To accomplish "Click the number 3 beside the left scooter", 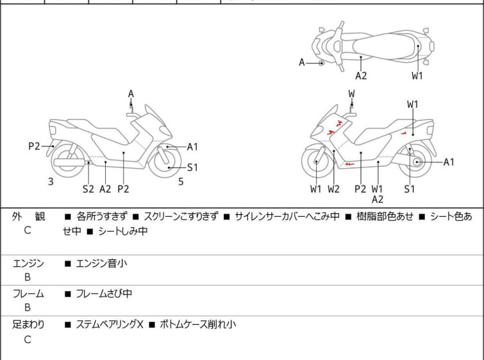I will pos(51,182).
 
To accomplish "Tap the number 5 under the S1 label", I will pos(181,182).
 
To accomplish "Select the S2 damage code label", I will pos(88,189).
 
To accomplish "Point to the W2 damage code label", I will pos(333,189).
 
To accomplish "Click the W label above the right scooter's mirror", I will pos(351,94).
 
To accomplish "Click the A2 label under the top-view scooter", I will pos(361,76).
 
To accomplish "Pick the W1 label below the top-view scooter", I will pos(417,76).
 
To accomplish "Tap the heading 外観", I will pos(28,217).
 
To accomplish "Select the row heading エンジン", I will pos(28,263).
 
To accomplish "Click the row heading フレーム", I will pos(28,294).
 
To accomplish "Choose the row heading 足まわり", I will pos(28,325).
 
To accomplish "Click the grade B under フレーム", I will pos(28,308).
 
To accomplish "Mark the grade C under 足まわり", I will pos(28,339).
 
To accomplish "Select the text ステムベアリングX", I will pos(109,325).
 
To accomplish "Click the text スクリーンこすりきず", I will pos(181,217).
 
